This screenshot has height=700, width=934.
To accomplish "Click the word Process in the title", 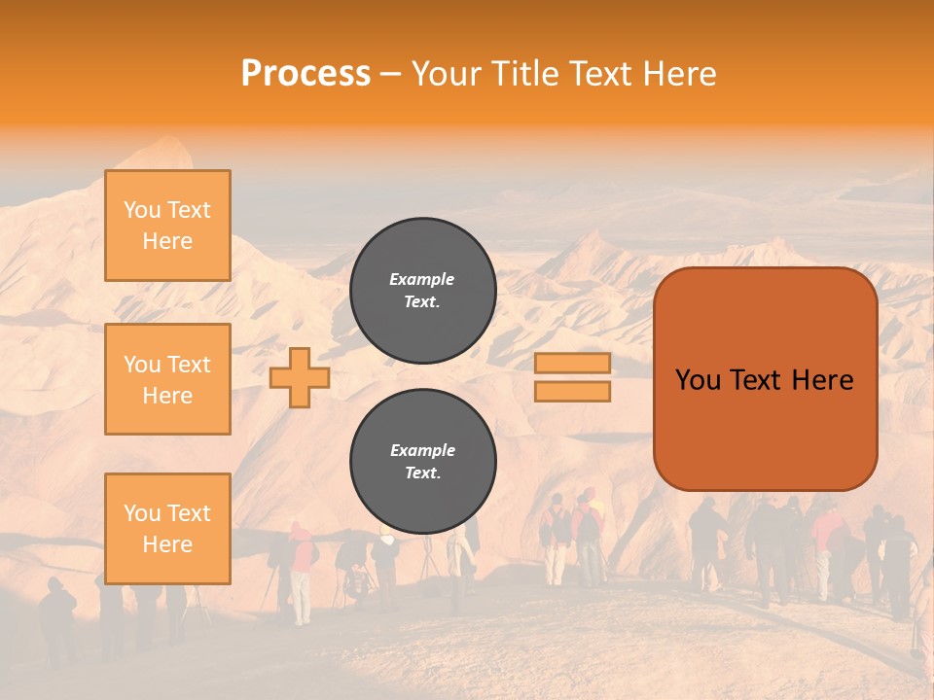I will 305,74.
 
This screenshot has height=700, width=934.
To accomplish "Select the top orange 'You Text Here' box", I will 167,226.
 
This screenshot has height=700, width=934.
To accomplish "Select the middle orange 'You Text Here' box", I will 167,379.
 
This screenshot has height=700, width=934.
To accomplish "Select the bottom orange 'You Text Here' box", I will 167,528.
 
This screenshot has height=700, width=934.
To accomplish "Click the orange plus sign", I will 299,377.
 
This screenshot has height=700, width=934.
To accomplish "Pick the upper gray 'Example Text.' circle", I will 422,290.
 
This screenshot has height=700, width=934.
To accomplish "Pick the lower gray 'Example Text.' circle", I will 422,461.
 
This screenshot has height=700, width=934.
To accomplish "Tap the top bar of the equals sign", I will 572,364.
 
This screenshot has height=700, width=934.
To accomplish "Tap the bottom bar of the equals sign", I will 572,391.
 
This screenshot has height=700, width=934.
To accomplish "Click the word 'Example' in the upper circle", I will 422,279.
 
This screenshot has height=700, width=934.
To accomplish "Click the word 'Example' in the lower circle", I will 422,450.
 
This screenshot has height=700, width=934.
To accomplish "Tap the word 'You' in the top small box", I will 142,210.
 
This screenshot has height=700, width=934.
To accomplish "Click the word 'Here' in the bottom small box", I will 167,543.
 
